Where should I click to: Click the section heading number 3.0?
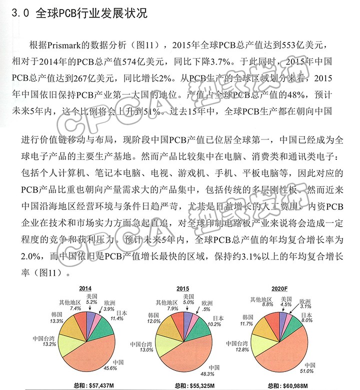point(20,14)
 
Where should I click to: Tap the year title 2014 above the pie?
point(85,288)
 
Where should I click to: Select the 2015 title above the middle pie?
point(182,288)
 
